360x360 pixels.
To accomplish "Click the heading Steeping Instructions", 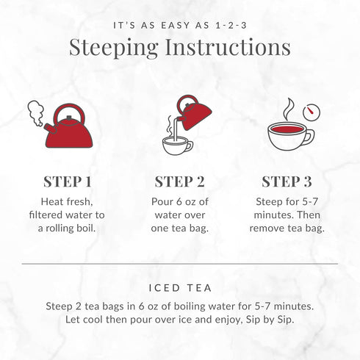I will point(179,47).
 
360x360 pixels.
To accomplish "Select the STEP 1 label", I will point(68,181).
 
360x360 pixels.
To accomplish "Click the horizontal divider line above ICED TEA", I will point(179,263).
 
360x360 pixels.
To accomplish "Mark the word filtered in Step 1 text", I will point(56,215).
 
